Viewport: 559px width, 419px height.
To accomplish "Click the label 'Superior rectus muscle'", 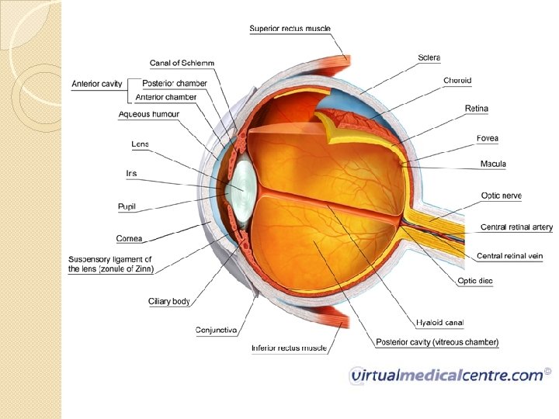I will (x=290, y=29).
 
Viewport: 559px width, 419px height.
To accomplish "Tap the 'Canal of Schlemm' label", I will (x=182, y=62).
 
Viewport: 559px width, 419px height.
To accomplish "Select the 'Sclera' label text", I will (x=429, y=57).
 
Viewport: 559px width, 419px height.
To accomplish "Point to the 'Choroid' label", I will (x=457, y=81).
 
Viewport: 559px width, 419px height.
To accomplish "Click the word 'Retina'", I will (x=476, y=109).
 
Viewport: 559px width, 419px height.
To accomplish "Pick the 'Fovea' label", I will (x=487, y=139).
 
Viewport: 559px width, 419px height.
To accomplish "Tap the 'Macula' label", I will (x=494, y=164).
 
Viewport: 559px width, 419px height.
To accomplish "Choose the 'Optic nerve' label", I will (x=501, y=196).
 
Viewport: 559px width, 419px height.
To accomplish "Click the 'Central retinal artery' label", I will (x=516, y=227).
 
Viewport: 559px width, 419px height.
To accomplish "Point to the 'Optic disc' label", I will (x=475, y=281).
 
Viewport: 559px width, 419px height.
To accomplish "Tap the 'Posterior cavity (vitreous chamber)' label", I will (x=437, y=342).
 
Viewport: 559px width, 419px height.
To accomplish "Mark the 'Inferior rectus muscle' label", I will (x=289, y=348).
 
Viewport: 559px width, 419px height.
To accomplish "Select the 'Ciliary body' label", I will (x=169, y=301).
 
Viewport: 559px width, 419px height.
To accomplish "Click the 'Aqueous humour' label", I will (x=149, y=114).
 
